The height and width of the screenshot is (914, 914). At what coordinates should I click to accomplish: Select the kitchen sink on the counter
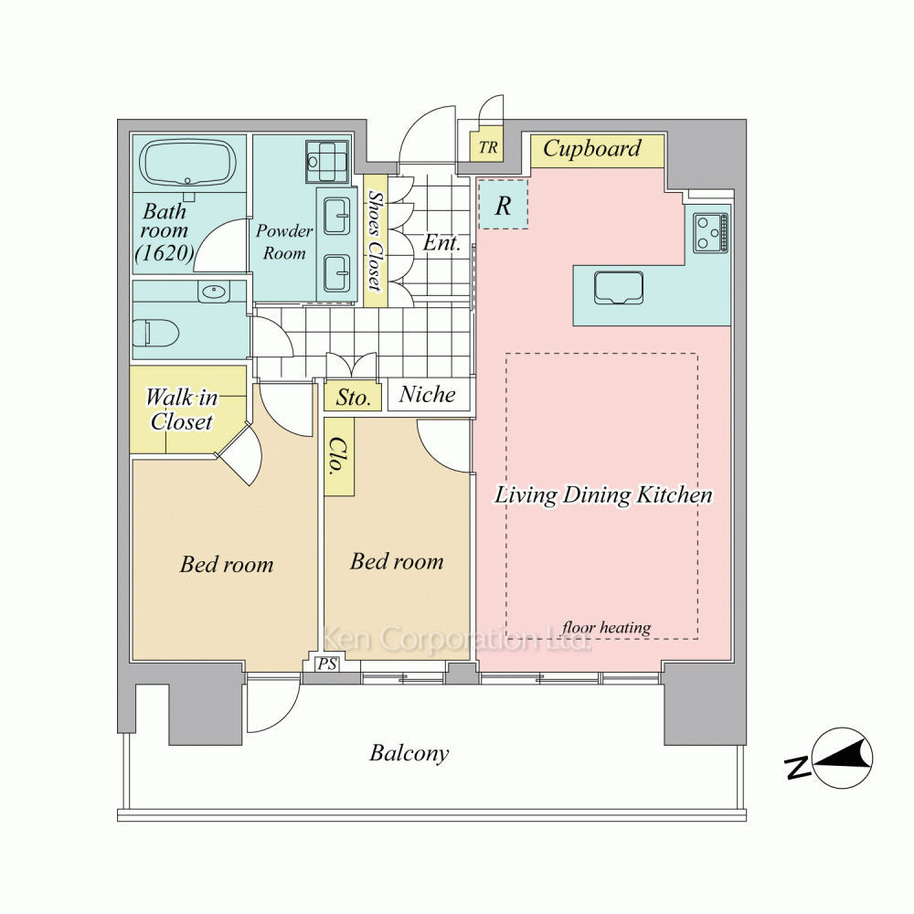pos(619,287)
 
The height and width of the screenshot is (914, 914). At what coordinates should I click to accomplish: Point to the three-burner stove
pos(711,232)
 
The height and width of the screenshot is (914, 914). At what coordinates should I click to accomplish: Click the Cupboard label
pos(591,148)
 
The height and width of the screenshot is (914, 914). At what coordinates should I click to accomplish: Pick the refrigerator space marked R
pos(503,204)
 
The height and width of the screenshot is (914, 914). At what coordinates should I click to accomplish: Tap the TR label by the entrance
pos(488,147)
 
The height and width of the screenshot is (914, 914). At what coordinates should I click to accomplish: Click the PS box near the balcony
pos(327,664)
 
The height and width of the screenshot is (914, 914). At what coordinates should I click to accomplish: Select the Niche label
pos(427,395)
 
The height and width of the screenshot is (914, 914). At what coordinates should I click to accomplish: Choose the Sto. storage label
pos(353,398)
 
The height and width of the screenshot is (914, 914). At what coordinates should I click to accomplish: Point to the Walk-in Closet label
pos(181,409)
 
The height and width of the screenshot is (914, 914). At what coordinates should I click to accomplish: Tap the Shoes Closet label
pos(376,240)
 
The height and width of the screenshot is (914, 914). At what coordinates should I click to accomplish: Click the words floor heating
pos(606,627)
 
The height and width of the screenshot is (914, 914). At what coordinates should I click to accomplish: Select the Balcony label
pos(409,753)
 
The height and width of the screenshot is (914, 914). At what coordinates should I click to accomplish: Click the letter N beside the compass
pos(799,768)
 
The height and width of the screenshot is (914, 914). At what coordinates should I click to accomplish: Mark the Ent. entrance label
pos(441,242)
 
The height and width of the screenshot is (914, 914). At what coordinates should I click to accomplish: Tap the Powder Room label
pos(284,241)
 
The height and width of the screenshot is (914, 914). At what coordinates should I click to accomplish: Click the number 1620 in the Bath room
pos(164,252)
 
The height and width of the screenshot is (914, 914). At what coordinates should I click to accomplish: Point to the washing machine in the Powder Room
pos(326,162)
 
